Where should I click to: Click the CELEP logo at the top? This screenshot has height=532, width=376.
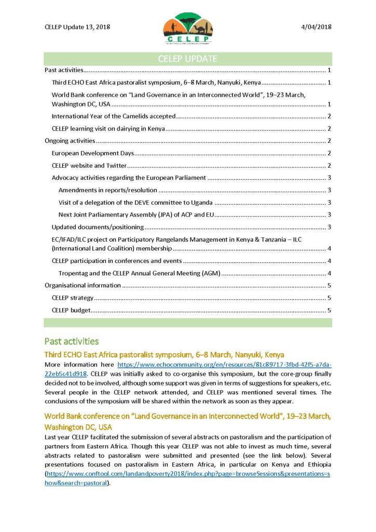click(x=187, y=29)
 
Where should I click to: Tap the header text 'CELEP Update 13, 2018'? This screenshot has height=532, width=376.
click(x=77, y=27)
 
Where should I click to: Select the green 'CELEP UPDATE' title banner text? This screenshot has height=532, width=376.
click(x=187, y=59)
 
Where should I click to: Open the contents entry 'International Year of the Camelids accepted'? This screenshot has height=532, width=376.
click(x=114, y=116)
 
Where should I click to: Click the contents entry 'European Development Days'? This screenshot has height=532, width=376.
click(x=93, y=153)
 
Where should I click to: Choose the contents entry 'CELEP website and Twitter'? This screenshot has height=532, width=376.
click(x=89, y=166)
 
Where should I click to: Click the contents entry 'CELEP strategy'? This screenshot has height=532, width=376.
click(x=73, y=298)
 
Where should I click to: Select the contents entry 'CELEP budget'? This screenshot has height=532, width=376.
click(x=71, y=310)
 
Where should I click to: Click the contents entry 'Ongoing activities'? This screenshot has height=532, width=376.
click(x=70, y=141)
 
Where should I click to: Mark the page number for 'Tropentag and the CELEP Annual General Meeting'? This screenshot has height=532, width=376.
click(x=329, y=273)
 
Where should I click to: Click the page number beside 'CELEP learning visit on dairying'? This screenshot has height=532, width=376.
click(x=329, y=128)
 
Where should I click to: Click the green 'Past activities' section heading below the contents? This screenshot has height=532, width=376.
click(x=71, y=341)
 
